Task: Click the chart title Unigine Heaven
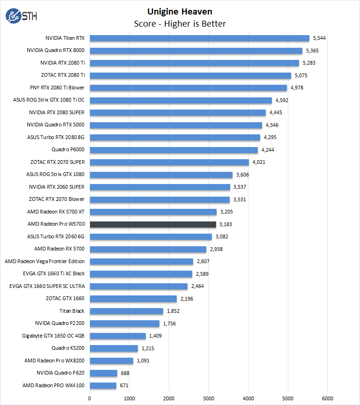click(x=180, y=11)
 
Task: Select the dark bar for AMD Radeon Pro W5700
click(x=153, y=224)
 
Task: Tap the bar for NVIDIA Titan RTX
click(x=199, y=38)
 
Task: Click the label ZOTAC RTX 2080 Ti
click(x=63, y=75)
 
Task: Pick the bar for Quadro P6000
click(x=173, y=150)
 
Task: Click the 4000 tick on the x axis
click(x=248, y=398)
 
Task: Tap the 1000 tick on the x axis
click(x=129, y=398)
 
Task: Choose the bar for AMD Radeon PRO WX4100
click(x=103, y=386)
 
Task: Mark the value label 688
click(x=125, y=373)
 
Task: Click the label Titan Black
click(x=72, y=311)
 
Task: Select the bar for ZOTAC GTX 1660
click(x=133, y=299)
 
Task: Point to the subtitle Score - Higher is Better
click(x=180, y=23)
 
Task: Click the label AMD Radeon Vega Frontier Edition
click(x=45, y=261)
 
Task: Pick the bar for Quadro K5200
click(x=113, y=348)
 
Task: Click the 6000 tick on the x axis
click(x=328, y=398)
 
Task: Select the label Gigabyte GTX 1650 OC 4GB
click(x=53, y=336)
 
